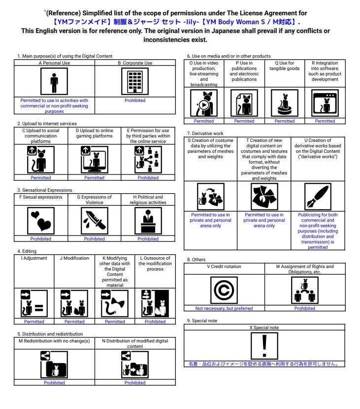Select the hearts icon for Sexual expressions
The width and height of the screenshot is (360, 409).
41,220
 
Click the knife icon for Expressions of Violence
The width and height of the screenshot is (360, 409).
94,220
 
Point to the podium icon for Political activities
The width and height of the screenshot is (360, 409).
148,220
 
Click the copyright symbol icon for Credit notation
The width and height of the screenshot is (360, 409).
224,290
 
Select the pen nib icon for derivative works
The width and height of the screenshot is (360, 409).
318,197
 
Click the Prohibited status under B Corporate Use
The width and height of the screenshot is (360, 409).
135,101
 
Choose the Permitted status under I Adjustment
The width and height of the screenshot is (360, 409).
34,322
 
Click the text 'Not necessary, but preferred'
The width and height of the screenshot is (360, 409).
224,308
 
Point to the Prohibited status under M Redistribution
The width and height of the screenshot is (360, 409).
54,383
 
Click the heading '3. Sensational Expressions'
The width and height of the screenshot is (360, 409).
45,190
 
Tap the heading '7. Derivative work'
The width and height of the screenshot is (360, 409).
205,134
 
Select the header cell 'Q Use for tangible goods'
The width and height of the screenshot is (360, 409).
285,66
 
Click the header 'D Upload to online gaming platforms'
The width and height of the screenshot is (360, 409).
94,133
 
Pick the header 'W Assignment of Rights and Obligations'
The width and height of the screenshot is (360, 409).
305,269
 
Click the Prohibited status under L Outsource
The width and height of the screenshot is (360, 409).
155,322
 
